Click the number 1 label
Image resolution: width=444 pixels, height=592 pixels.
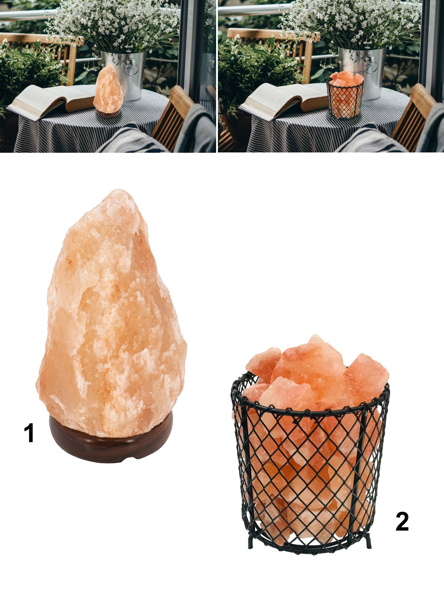(29, 433)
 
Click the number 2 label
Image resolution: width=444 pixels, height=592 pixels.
(402, 521)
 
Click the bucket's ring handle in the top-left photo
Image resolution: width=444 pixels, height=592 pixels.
(132, 67)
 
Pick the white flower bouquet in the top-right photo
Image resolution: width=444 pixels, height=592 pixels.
(350, 24)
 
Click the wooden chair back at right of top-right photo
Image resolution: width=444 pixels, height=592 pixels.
(413, 116)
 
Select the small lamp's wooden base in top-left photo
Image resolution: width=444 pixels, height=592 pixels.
(108, 114)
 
